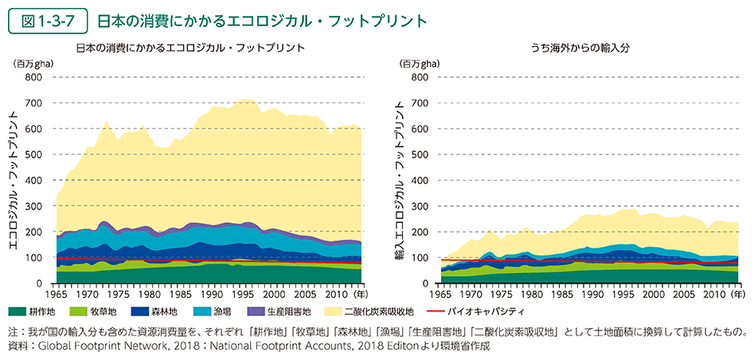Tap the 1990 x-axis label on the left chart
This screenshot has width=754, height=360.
(x=210, y=294)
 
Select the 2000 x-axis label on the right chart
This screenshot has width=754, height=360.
(x=654, y=294)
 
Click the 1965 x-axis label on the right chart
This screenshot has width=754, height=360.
(x=440, y=294)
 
